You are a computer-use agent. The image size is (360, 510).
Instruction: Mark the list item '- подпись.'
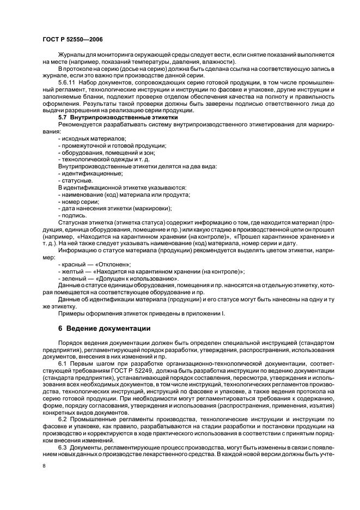coord(72,215)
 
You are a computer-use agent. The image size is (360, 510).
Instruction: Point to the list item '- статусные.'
coord(76,180)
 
